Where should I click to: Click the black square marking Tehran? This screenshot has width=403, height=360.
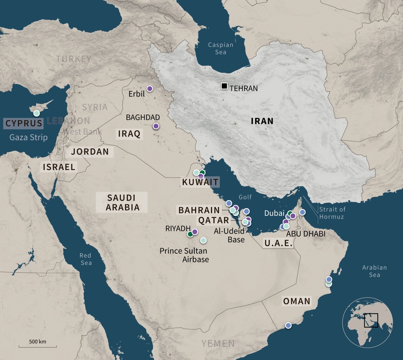[224, 86]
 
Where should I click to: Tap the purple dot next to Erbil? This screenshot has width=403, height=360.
[149, 89]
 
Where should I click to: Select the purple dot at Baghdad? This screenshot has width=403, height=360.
[156, 126]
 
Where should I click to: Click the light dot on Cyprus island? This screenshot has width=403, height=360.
[36, 113]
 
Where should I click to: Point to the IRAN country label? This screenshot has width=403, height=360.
[262, 121]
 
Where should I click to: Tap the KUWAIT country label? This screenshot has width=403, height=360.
[200, 182]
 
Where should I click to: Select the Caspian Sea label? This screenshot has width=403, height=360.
[220, 48]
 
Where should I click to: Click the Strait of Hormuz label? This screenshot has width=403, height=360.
[332, 213]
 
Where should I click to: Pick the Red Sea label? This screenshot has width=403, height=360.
[85, 259]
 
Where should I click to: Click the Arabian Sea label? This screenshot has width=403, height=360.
[375, 271]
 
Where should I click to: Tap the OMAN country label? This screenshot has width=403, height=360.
[296, 302]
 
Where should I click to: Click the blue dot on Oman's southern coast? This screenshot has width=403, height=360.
[288, 325]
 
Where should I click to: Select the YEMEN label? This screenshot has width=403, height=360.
[218, 343]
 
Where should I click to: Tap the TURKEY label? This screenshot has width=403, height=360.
[73, 59]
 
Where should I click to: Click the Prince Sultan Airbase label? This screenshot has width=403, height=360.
[183, 255]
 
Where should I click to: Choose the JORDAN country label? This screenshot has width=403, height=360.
[90, 152]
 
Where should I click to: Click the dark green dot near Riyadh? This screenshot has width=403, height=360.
[190, 234]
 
